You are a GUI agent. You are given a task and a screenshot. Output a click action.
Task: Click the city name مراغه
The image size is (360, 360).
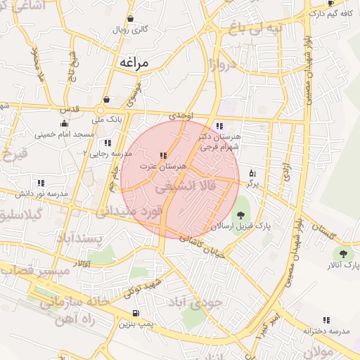tap(135, 63)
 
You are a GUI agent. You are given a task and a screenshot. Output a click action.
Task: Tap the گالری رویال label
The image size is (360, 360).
tap(131, 30)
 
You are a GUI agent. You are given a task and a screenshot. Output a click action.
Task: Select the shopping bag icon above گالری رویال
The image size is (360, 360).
tap(130, 19)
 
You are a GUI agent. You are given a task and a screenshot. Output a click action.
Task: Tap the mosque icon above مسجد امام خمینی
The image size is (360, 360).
tap(64, 123)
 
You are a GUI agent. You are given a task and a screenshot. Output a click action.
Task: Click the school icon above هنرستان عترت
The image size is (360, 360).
tap(163, 155)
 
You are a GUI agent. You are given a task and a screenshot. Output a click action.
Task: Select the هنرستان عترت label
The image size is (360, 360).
tap(162, 166)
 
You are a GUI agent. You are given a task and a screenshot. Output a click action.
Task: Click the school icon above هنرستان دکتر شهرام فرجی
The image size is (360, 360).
tap(219, 126)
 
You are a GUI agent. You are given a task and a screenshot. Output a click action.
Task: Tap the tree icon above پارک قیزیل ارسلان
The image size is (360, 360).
tap(240, 214)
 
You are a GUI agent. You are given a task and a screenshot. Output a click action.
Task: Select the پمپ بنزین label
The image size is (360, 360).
tap(134, 324)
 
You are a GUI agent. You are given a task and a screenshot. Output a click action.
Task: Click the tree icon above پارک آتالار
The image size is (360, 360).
tap(343, 254)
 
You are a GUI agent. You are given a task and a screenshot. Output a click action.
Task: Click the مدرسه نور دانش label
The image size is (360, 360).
tap(42, 193)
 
